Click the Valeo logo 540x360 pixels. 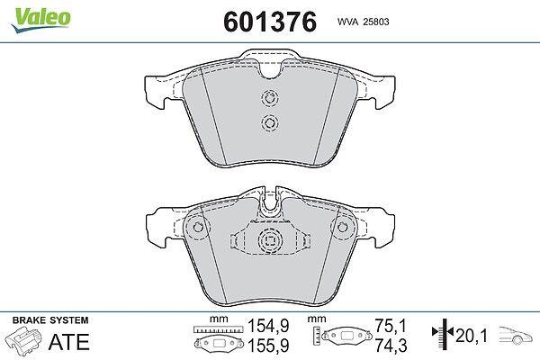tap(40, 20)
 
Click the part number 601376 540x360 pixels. tap(270, 22)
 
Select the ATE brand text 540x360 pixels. tap(69, 342)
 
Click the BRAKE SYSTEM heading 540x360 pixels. tap(50, 320)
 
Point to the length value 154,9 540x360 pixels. tap(268, 326)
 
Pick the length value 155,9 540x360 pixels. tap(268, 346)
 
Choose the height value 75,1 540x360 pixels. tap(391, 326)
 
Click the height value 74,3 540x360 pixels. tap(391, 346)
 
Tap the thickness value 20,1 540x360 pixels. tap(472, 336)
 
